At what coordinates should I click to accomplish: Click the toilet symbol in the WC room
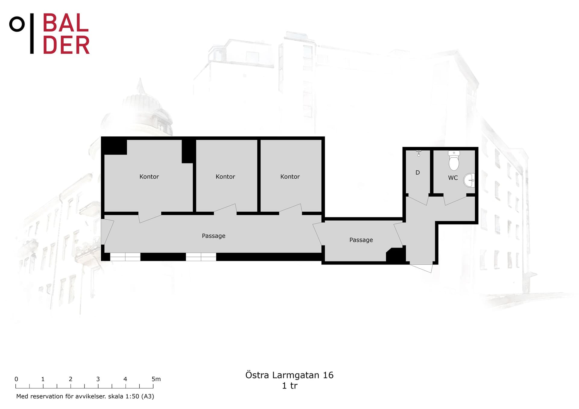[x=454, y=161]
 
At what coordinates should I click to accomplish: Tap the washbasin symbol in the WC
[x=469, y=180]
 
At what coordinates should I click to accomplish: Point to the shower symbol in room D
[x=419, y=154]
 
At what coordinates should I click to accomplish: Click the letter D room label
[x=418, y=173]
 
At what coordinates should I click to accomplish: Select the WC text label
[x=453, y=178]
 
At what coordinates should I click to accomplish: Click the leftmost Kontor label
[x=149, y=176]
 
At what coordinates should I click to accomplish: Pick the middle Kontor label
[x=225, y=176]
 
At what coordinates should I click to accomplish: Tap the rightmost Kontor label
[x=290, y=176]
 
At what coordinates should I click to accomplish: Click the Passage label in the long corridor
[x=214, y=236]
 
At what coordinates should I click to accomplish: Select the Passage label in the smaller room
[x=361, y=240]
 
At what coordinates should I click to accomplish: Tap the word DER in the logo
[x=66, y=45]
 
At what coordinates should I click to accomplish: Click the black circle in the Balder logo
[x=17, y=24]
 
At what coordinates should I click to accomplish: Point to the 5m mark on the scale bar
[x=156, y=379]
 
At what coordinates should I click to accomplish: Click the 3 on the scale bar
[x=98, y=379]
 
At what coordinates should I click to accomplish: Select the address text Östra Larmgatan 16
[x=289, y=375]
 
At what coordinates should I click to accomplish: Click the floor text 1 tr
[x=289, y=386]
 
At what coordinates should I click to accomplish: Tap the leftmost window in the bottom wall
[x=125, y=257]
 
